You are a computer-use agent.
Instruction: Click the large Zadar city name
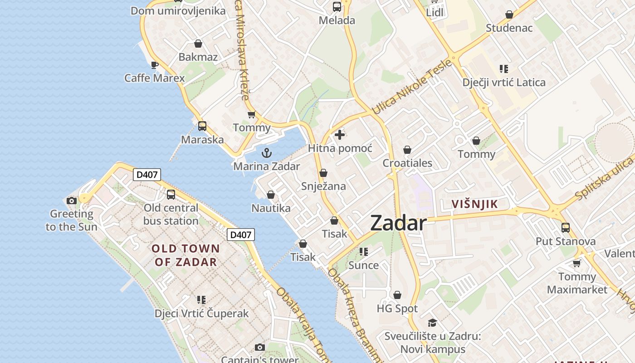[398, 223]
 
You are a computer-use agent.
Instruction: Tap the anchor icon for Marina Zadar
[266, 152]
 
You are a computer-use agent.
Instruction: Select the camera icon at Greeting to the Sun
[72, 201]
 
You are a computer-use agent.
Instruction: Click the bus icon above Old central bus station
[171, 195]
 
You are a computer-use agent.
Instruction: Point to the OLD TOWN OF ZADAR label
[186, 255]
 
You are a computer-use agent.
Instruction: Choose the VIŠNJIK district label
[475, 204]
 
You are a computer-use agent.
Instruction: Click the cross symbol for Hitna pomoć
[340, 135]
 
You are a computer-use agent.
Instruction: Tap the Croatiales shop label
[407, 163]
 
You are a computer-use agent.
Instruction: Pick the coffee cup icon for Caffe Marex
[155, 65]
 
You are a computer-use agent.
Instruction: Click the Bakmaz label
[198, 57]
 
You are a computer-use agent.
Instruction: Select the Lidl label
[435, 12]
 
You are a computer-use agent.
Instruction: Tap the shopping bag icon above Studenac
[509, 15]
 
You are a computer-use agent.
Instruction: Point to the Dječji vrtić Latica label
[504, 83]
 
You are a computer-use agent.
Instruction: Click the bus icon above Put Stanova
[565, 228]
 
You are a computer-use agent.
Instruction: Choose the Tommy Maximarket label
[577, 283]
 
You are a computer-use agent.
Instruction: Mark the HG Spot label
[397, 309]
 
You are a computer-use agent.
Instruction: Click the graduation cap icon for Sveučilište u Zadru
[432, 323]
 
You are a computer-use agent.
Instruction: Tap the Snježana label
[323, 186]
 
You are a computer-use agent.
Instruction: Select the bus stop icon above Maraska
[202, 126]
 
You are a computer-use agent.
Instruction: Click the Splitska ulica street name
[605, 178]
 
